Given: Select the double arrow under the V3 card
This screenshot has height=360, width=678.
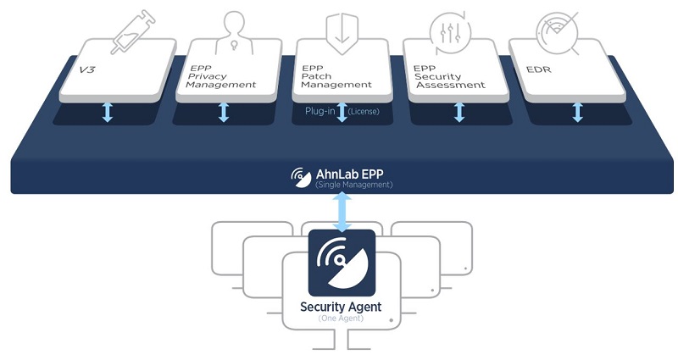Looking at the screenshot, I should point(108,112).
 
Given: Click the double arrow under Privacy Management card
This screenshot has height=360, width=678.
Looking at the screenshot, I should point(224,112).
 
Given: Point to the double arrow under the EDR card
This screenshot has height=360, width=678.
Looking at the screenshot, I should point(577,112).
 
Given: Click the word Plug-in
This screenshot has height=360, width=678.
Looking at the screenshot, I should point(320,111).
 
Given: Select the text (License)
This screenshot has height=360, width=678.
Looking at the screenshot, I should point(364,111).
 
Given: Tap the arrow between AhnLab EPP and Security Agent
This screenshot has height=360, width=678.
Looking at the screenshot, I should point(342,210).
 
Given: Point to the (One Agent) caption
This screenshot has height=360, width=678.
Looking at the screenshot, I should point(342,318).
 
